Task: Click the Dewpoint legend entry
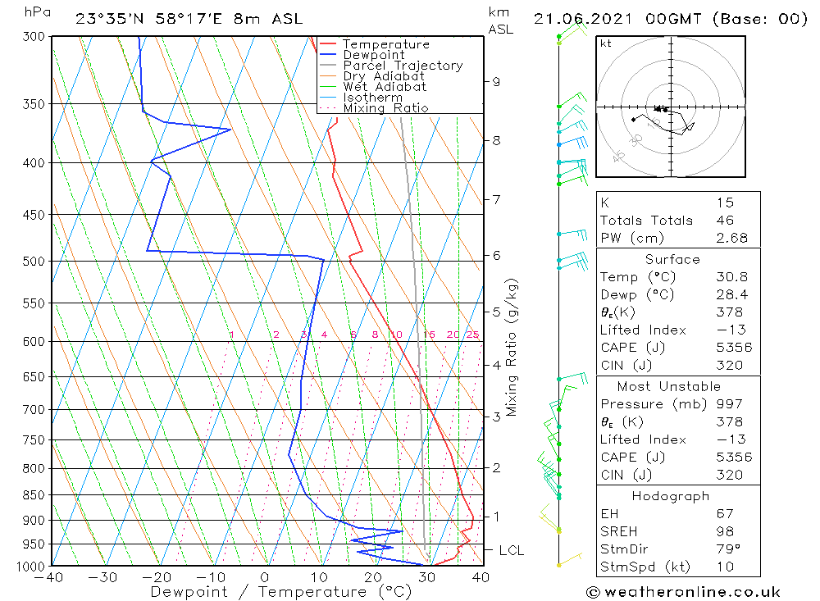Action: [373, 55]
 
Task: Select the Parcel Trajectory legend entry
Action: [403, 66]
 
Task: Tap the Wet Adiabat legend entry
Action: [385, 87]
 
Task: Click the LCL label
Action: [511, 550]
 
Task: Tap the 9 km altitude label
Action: [496, 81]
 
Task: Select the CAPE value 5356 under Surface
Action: [732, 347]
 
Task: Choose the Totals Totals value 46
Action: [724, 220]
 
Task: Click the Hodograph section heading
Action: [670, 496]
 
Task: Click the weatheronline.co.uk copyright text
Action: [683, 591]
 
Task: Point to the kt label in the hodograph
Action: [606, 44]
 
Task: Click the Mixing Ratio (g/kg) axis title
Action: [512, 348]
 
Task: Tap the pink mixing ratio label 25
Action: [472, 335]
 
